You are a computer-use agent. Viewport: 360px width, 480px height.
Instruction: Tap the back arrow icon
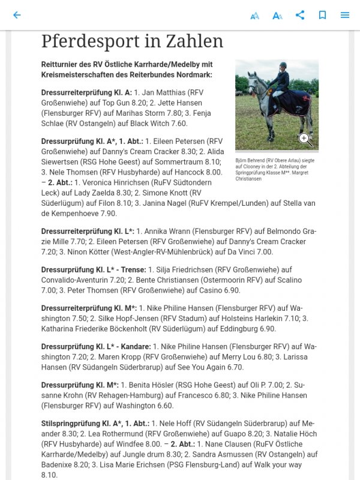17,15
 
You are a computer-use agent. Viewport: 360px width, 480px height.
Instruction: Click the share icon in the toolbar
300,15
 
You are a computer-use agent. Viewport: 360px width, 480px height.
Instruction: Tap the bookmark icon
322,15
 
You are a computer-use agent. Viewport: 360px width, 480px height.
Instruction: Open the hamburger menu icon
345,15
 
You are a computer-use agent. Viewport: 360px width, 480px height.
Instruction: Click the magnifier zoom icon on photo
305,140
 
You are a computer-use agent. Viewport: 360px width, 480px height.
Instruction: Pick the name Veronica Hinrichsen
109,182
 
